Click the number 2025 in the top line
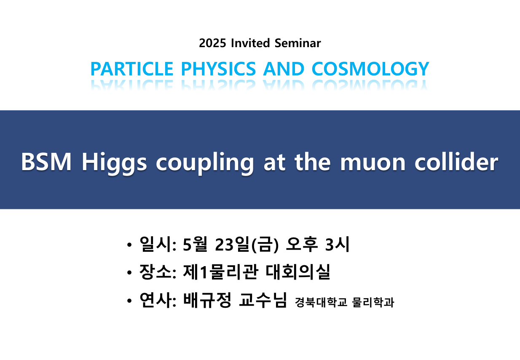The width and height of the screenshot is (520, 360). coord(212,43)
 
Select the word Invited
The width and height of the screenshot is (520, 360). coord(250,43)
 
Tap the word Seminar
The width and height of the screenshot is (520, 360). coord(298,43)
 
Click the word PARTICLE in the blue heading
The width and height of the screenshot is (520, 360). coord(132,69)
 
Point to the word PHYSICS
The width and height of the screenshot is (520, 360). coord(218,69)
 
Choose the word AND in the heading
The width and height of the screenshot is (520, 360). coord(284,69)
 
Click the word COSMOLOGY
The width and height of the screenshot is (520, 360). coord(370,69)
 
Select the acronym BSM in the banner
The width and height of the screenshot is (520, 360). coord(46,162)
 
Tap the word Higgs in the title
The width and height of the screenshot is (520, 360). coord(114,163)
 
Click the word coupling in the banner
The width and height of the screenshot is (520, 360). coord(205,163)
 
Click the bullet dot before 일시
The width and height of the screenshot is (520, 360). coord(129,245)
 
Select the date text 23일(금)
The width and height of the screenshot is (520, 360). coord(247,245)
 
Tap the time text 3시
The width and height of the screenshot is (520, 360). coord(337,244)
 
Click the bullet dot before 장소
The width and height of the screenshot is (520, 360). coord(129,272)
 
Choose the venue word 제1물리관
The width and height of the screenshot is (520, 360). coord(220,272)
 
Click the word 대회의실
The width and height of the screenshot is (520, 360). coord(298,272)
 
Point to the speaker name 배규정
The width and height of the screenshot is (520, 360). coord(207,300)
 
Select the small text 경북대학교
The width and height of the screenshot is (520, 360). coord(321,302)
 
